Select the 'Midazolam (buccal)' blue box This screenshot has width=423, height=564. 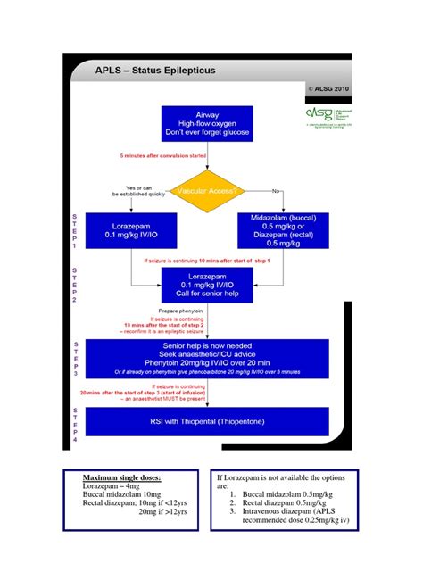pyautogui.click(x=282, y=230)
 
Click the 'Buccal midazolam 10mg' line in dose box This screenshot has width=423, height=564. pyautogui.click(x=122, y=500)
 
